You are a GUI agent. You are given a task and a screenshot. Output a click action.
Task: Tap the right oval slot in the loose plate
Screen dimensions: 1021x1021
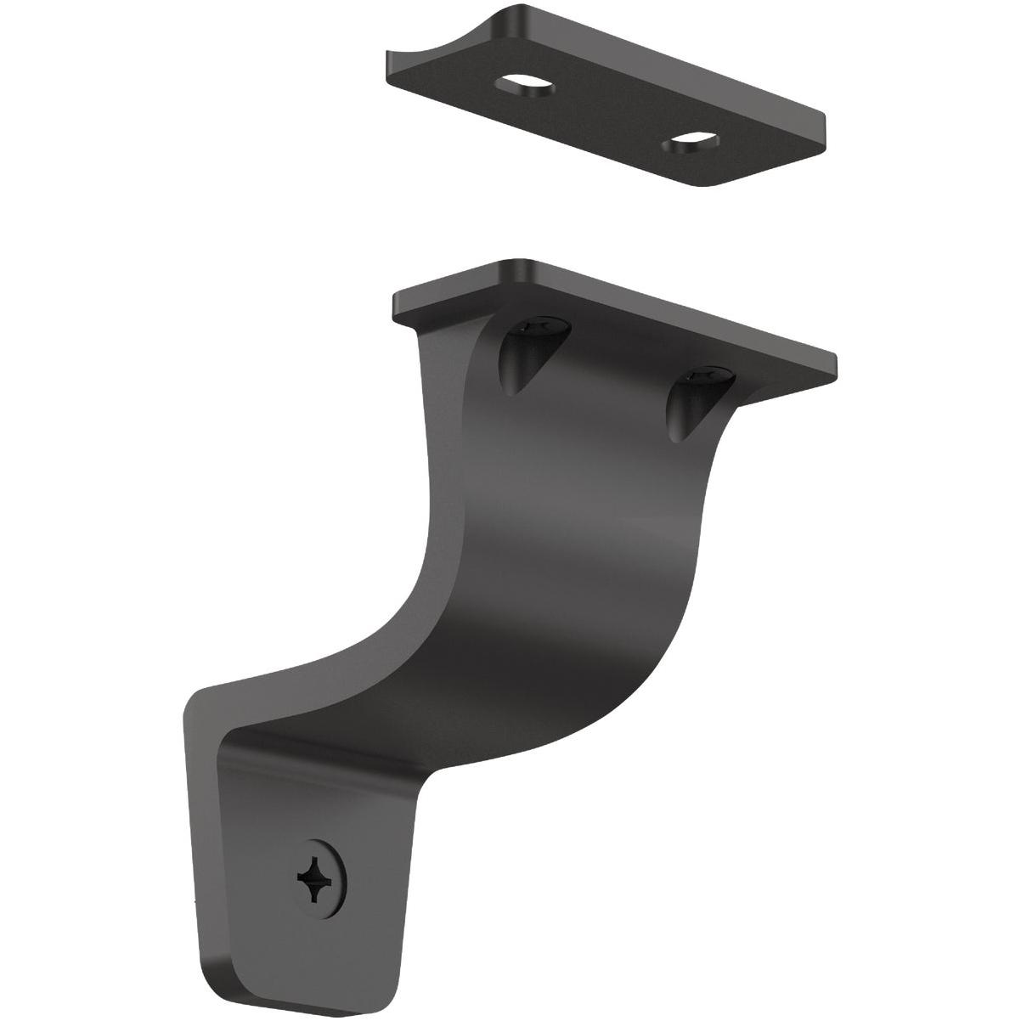pyautogui.click(x=693, y=140)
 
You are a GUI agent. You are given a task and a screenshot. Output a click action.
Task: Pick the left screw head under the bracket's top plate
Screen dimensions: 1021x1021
pyautogui.click(x=537, y=324)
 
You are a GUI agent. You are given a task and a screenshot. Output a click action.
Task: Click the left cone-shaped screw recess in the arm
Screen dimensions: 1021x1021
pyautogui.click(x=520, y=357)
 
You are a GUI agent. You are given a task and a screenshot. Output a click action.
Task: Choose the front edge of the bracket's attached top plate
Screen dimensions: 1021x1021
pyautogui.click(x=612, y=348)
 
